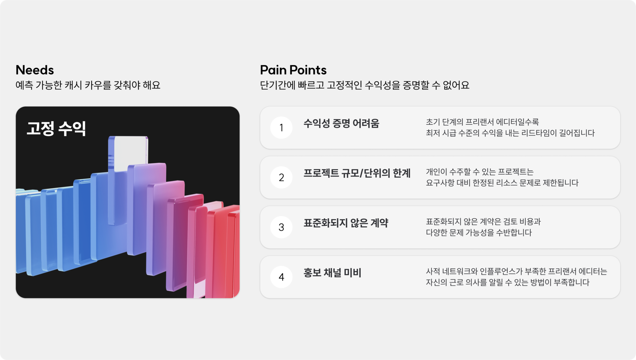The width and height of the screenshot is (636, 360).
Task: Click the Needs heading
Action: point(35,70)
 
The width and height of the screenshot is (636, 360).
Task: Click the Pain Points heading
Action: point(293,70)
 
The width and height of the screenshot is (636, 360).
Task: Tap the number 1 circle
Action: point(281,128)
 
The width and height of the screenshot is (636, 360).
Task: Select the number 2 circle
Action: point(281,178)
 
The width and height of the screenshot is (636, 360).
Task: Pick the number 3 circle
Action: point(281,227)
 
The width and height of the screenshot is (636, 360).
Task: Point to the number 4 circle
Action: point(281,277)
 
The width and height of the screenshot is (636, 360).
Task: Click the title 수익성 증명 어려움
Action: point(341,124)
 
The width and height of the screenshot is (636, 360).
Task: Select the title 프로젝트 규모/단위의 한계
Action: point(357,173)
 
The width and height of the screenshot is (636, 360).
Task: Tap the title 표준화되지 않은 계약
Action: point(346,223)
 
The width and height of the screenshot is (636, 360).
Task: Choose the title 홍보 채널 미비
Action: point(332,273)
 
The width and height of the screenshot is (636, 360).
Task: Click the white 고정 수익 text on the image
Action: point(56,128)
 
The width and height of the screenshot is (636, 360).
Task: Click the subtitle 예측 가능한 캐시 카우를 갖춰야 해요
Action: point(88,85)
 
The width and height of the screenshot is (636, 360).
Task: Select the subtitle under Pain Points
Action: point(365,85)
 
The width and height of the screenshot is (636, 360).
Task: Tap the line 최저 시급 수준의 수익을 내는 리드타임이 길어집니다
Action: point(510,133)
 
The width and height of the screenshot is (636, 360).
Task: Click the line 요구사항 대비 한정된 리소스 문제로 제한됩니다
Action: point(502,183)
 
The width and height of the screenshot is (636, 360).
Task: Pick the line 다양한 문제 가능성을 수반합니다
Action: point(479,233)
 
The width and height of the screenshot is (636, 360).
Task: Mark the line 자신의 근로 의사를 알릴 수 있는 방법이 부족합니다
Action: point(507,282)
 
